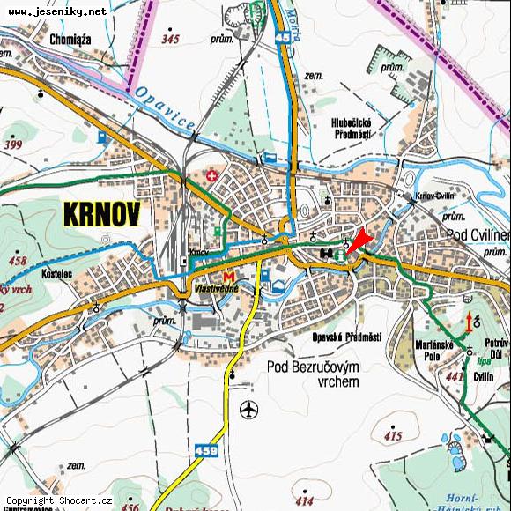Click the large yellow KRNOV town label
pyautogui.click(x=100, y=214)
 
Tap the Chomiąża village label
pyautogui.click(x=72, y=40)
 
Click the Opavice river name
pyautogui.click(x=166, y=111)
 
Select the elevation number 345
pyautogui.click(x=170, y=40)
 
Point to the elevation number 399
pyautogui.click(x=12, y=144)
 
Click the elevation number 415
pyautogui.click(x=393, y=436)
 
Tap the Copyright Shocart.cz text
pyautogui.click(x=59, y=500)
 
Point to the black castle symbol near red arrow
pyautogui.click(x=328, y=253)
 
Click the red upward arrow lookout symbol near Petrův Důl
pyautogui.click(x=467, y=321)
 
